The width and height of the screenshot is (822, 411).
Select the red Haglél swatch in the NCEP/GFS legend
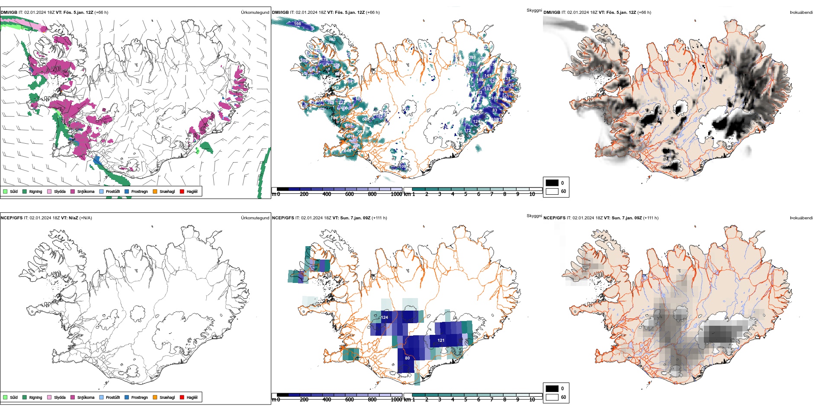[x=182, y=397]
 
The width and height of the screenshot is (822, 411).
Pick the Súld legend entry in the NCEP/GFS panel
[x=10, y=397]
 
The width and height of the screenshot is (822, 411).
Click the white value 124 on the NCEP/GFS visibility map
[x=385, y=318]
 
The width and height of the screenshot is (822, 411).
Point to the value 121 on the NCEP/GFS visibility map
[x=441, y=340]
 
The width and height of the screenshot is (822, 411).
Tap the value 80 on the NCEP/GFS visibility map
[x=407, y=358]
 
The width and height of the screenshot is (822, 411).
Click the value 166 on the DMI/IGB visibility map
[x=298, y=24]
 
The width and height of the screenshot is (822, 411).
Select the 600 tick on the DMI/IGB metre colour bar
[x=350, y=194]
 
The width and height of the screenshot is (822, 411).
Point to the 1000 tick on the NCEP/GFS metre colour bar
[x=396, y=400]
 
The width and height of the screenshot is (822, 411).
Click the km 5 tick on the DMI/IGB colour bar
[x=466, y=194]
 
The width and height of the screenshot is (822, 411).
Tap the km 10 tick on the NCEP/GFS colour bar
[x=532, y=400]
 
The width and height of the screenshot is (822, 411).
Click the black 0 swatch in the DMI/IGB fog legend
[x=552, y=183]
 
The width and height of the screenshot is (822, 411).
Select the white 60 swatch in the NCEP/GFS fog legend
[x=552, y=397]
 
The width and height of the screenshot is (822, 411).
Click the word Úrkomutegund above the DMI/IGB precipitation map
[x=255, y=13]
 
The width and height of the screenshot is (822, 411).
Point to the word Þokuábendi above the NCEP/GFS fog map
[x=801, y=218]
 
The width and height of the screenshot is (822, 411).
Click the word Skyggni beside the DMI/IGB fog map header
[x=534, y=10]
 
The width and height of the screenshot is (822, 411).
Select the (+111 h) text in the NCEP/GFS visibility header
[x=379, y=218]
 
